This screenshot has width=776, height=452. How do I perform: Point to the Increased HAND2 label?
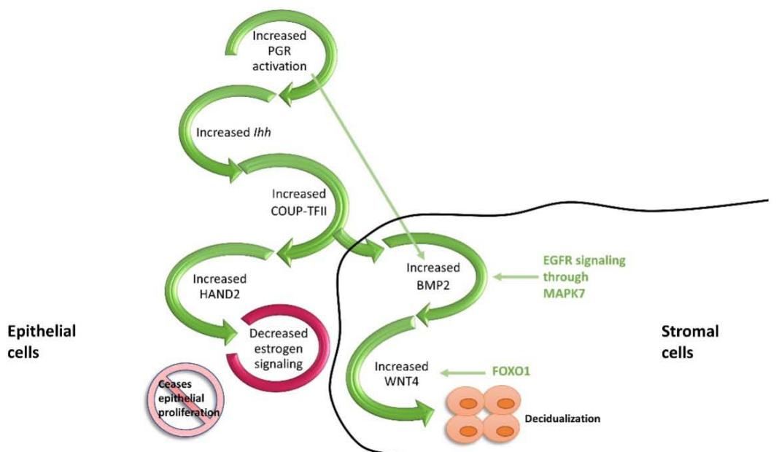[219, 286]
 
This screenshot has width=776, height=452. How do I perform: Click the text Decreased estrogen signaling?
[279, 347]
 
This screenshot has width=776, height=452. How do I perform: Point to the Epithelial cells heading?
[42, 341]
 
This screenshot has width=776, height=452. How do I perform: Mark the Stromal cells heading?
[690, 341]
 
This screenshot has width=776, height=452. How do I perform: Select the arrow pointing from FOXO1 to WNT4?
[475, 373]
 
